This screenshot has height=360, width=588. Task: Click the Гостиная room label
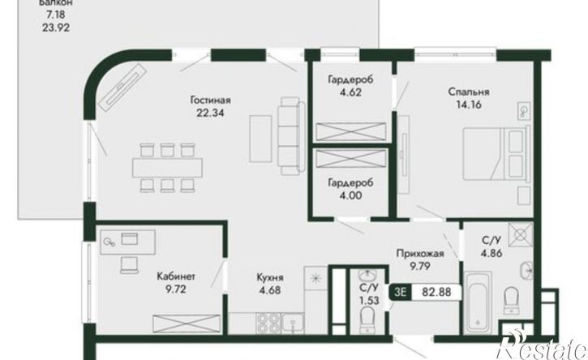pos(210,101)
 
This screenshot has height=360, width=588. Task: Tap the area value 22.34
pos(210,113)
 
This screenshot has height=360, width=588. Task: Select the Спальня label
pos(469,92)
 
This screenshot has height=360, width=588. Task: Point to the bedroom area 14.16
pos(469,105)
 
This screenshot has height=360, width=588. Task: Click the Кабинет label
pos(176,276)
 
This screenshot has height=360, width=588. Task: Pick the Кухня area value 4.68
pos(270,290)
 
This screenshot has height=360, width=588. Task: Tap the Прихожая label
pos(420,254)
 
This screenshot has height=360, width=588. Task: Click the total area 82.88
pos(436,292)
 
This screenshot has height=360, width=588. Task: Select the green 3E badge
pos(401,292)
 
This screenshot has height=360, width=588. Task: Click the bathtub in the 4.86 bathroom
pos(478,302)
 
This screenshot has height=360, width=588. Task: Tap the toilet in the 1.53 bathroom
pos(367,319)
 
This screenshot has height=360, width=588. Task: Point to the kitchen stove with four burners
pos(268,323)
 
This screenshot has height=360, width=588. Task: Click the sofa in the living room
pos(291,135)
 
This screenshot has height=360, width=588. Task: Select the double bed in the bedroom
pos(496,154)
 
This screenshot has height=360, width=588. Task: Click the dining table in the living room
pos(167,168)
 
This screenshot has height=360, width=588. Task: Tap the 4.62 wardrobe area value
pos(350,92)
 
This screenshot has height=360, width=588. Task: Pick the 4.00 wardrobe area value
pos(350,195)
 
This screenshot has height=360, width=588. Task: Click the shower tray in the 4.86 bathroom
pos(520,234)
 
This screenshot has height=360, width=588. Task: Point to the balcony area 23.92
pos(56,28)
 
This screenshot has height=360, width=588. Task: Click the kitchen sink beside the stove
pos(293,323)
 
